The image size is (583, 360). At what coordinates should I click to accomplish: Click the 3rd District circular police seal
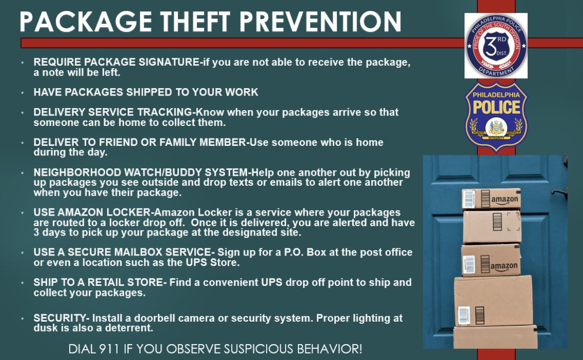coord(496,46)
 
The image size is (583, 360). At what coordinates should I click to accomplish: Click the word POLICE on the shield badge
coord(496,107)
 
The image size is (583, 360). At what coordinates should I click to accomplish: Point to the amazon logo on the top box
coord(504,200)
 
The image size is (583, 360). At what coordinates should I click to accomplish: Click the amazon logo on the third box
coord(503,266)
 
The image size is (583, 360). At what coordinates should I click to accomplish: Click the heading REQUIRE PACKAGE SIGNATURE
coord(116,63)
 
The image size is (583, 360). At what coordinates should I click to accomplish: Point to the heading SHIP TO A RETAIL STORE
coord(98,282)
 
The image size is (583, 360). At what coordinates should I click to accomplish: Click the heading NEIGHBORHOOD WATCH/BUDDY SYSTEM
coord(140,173)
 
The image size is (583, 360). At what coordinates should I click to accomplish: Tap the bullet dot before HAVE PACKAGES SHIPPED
coord(23,93)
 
